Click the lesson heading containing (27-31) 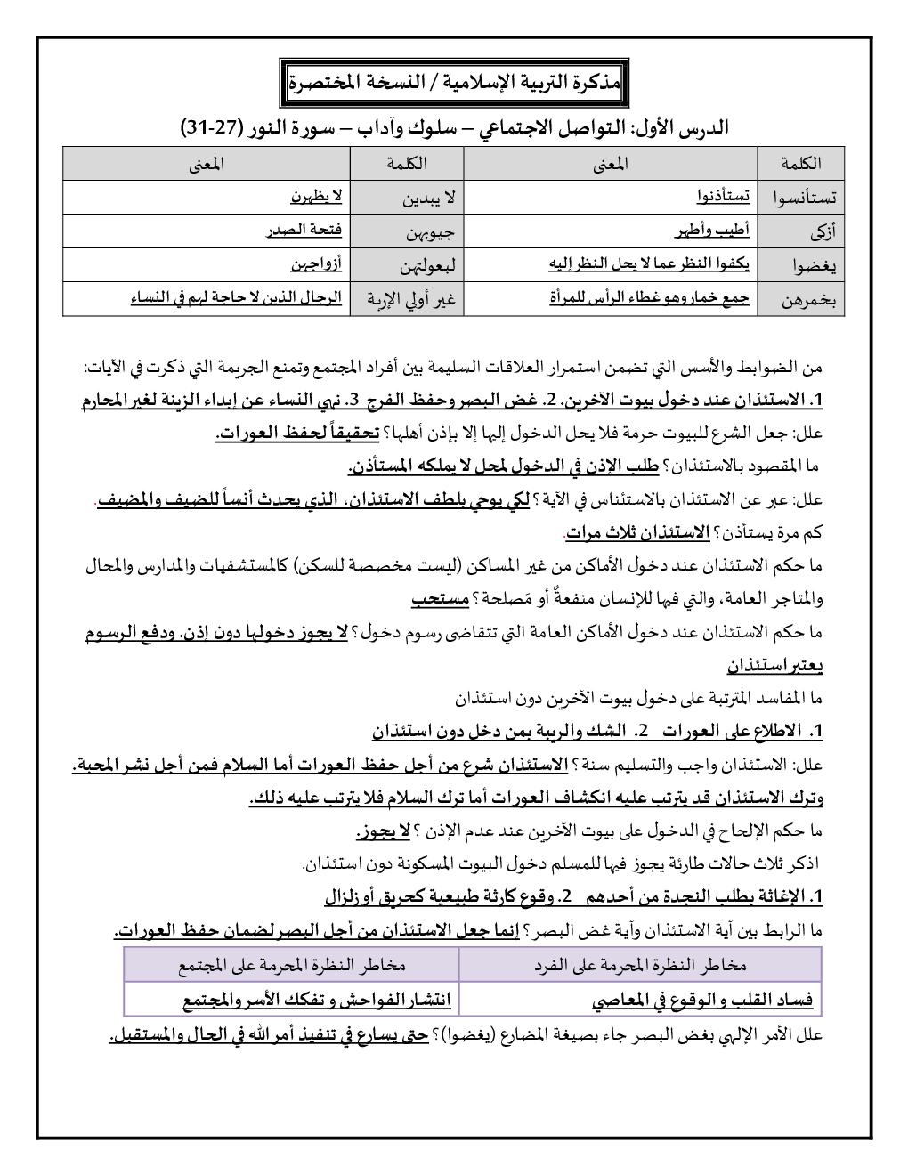[454, 128]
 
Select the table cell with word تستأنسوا [800, 198]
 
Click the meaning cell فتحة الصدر [305, 231]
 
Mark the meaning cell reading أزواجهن [315, 264]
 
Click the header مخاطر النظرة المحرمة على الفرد [640, 964]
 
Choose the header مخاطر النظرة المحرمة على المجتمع [291, 964]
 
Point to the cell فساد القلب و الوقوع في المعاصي [702, 1001]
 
